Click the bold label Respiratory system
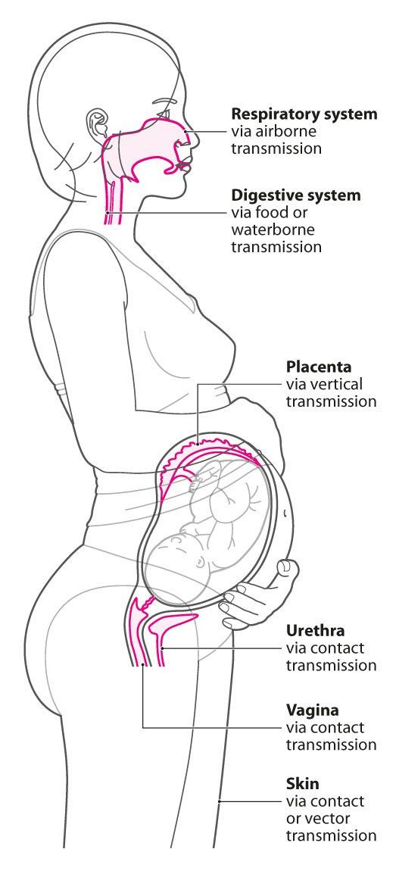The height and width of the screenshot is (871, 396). (304, 114)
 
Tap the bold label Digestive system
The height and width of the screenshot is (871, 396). (296, 195)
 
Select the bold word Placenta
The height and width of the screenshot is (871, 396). (319, 367)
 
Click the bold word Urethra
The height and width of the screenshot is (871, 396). (315, 630)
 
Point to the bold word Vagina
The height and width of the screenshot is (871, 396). (312, 710)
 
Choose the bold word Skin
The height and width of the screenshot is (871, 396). (303, 784)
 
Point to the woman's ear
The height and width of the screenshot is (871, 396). (98, 122)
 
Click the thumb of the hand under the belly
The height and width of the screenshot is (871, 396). (288, 570)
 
